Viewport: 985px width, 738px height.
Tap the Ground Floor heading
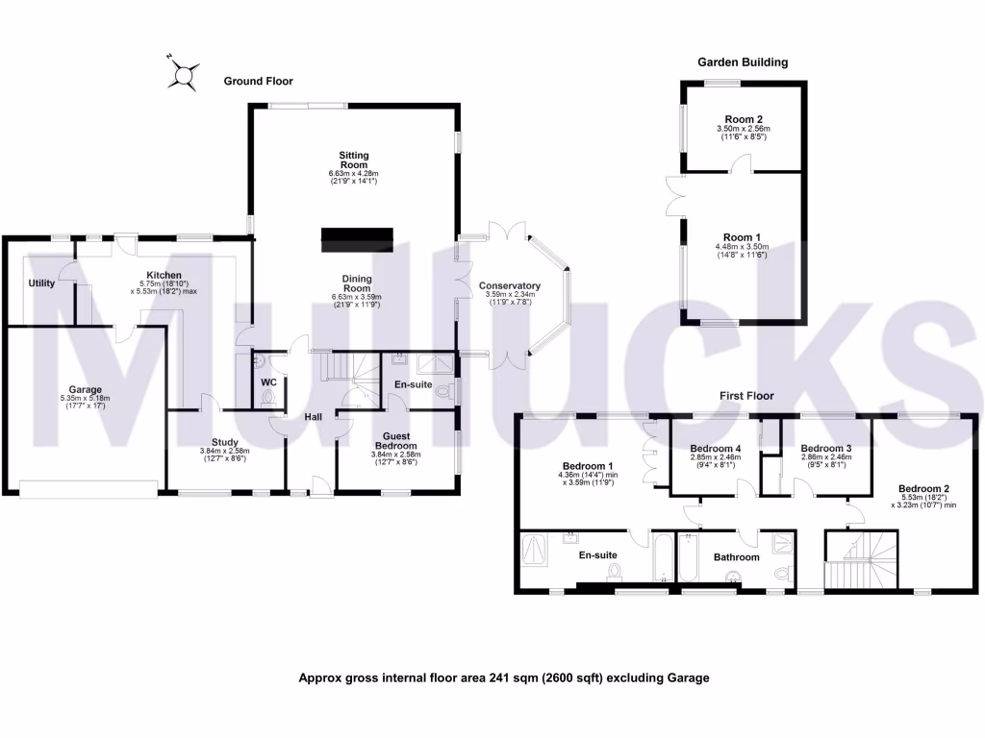[x=259, y=82]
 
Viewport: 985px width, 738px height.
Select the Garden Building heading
[x=743, y=62]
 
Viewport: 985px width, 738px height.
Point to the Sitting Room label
[x=354, y=160]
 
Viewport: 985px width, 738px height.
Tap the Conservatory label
[x=511, y=285]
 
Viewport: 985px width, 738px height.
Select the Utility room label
[x=41, y=283]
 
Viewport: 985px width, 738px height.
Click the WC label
[x=269, y=382]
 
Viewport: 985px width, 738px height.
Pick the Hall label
[x=314, y=417]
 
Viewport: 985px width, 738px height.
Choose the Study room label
[x=224, y=442]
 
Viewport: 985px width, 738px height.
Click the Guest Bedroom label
[x=395, y=441]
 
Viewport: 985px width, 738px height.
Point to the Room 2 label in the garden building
[x=743, y=119]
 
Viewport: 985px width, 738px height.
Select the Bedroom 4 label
[x=716, y=449]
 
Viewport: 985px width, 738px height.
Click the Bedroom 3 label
[x=826, y=449]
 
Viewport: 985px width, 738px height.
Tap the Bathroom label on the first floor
[x=736, y=557]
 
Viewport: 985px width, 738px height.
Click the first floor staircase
[x=861, y=563]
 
